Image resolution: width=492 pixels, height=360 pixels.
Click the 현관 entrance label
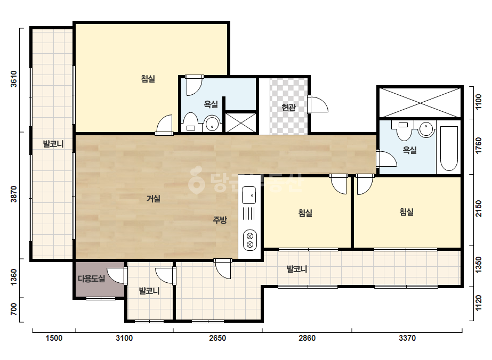288,108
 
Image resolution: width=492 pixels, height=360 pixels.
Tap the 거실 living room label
154,199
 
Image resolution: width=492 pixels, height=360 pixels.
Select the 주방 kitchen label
220,220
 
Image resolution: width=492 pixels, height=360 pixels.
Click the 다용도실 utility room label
91,279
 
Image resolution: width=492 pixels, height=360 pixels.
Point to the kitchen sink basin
249,195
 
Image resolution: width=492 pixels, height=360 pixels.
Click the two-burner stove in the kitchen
250,240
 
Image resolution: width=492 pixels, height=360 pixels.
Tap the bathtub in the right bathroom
449,149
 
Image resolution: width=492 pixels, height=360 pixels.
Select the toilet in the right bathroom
404,130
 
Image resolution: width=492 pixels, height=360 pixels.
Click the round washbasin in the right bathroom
426,129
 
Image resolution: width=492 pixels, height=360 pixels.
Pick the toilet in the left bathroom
190,122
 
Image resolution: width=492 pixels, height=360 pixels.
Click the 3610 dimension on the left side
14,79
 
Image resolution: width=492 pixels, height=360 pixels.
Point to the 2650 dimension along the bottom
217,338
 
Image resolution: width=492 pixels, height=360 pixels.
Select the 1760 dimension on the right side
479,146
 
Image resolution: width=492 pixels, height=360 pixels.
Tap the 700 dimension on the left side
14,309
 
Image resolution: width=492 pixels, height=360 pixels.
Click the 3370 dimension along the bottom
407,338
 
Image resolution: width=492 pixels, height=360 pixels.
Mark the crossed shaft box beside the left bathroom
240,122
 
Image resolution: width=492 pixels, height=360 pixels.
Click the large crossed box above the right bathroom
420,103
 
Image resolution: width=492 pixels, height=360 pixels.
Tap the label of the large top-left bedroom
148,78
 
